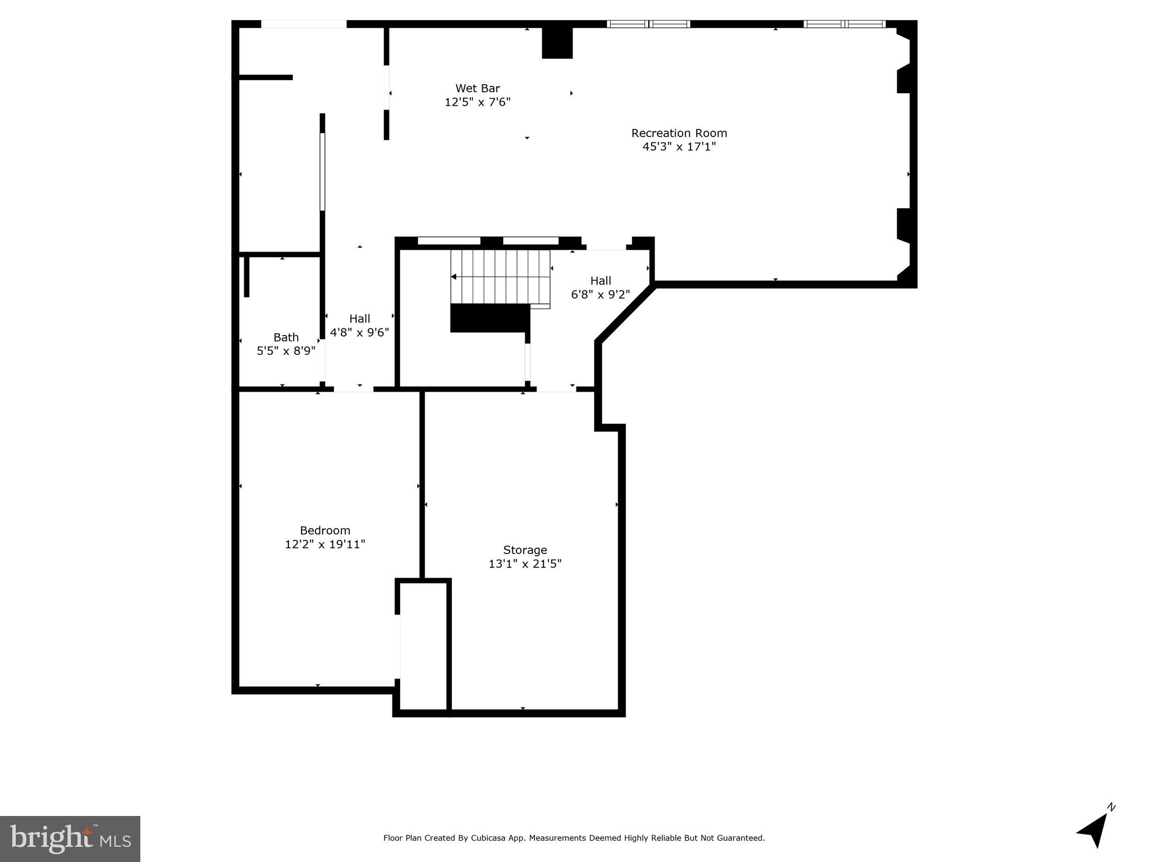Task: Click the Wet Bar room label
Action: pyautogui.click(x=477, y=88)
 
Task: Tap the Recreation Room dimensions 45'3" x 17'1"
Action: pyautogui.click(x=679, y=147)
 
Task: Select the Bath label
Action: pyautogui.click(x=286, y=337)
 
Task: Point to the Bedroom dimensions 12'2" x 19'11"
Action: pyautogui.click(x=324, y=544)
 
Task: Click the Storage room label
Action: pyautogui.click(x=524, y=550)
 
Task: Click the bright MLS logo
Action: pyautogui.click(x=70, y=838)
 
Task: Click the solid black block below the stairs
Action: pyautogui.click(x=489, y=318)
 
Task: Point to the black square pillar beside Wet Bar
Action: pyautogui.click(x=557, y=43)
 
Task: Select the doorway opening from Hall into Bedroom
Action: pyautogui.click(x=354, y=388)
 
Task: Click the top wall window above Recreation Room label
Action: pyautogui.click(x=648, y=24)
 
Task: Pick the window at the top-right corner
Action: pyautogui.click(x=844, y=24)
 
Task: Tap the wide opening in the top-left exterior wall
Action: pyautogui.click(x=304, y=24)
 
